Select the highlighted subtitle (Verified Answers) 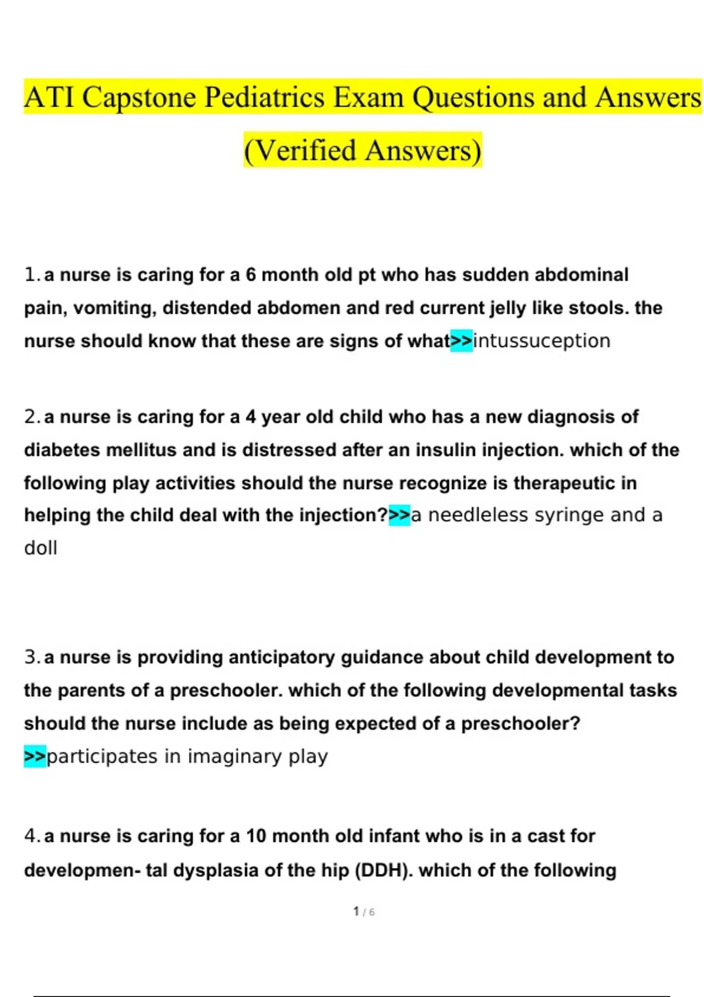click(x=363, y=150)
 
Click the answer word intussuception click(x=541, y=341)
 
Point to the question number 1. click(x=31, y=274)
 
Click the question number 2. click(x=31, y=417)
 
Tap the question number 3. click(x=31, y=657)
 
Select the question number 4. click(x=31, y=836)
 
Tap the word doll click(x=40, y=548)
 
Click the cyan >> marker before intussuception click(x=461, y=341)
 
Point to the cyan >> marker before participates click(x=35, y=757)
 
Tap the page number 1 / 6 click(x=364, y=911)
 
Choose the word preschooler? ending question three click(x=520, y=723)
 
